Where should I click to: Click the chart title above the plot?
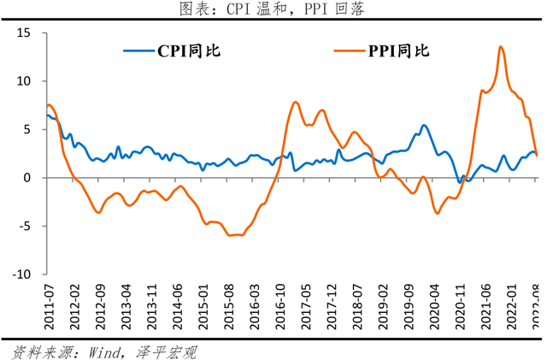[x=273, y=9]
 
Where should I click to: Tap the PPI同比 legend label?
[x=398, y=50]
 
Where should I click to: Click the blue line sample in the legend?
[x=138, y=50]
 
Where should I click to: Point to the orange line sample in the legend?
[x=349, y=50]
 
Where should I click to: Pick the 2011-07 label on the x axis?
[x=48, y=304]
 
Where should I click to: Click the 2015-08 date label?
[x=229, y=304]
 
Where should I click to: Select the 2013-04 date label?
[x=126, y=304]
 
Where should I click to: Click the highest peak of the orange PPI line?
[x=500, y=47]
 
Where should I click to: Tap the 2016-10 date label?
[x=280, y=304]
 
